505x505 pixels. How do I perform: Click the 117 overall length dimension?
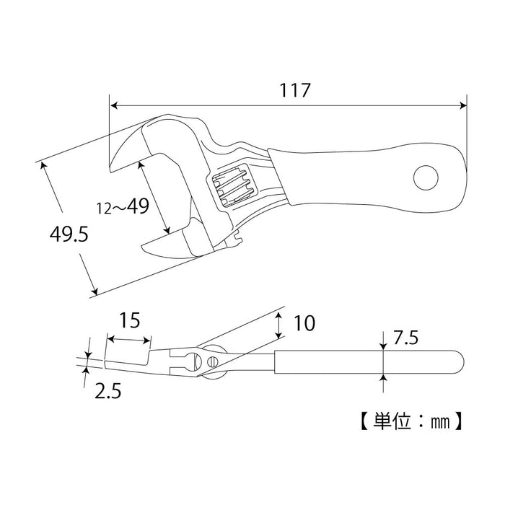[296, 90]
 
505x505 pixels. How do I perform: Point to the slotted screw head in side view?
[214, 360]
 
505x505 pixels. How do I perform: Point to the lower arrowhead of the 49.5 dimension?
[94, 291]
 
